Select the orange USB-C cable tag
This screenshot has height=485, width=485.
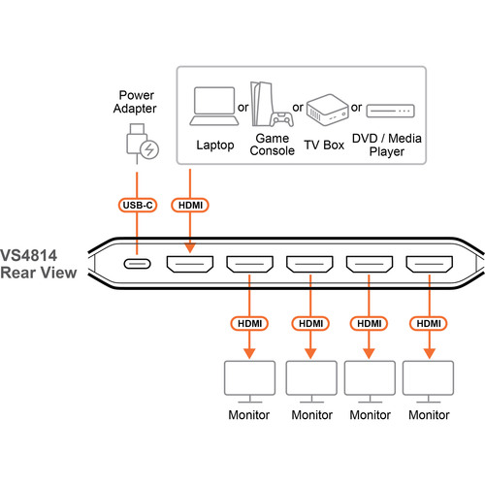(137, 205)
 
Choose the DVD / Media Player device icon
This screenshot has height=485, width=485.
(390, 112)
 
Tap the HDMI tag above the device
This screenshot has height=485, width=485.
(189, 205)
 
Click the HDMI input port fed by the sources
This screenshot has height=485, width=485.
(189, 264)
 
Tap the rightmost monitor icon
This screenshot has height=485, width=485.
(429, 381)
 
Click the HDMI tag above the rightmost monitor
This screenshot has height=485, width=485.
(428, 323)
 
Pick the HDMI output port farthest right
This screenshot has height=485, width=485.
(428, 264)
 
